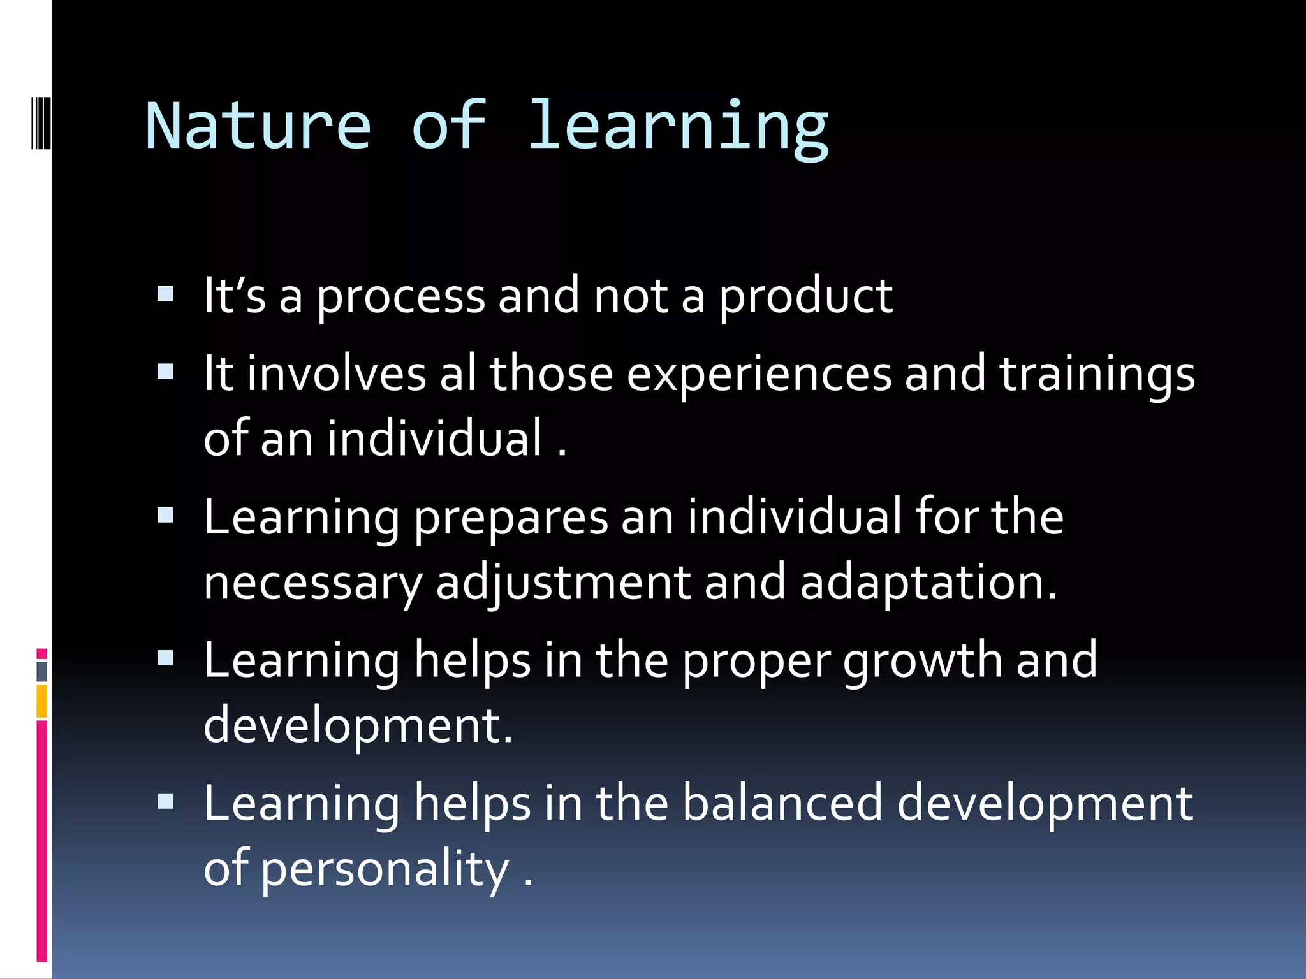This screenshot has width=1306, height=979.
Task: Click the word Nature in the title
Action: coord(258,126)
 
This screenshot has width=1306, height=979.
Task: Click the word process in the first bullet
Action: coord(401,296)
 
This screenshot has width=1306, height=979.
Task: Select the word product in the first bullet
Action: coord(805,296)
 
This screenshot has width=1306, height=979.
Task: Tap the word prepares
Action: coord(511,518)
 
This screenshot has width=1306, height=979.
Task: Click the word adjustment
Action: coord(563,583)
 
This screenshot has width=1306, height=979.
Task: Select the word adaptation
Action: coord(928,583)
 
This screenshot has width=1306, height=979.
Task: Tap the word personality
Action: coord(385,869)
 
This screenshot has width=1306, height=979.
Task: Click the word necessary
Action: coord(312,584)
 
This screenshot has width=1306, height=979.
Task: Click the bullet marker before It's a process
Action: coord(166,294)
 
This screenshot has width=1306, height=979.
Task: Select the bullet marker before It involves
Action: coord(166,372)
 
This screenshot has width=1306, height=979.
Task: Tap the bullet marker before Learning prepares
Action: coord(166,515)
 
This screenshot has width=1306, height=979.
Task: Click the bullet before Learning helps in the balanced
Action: coord(166,801)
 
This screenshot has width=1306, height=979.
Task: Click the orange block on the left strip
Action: coord(41,701)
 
